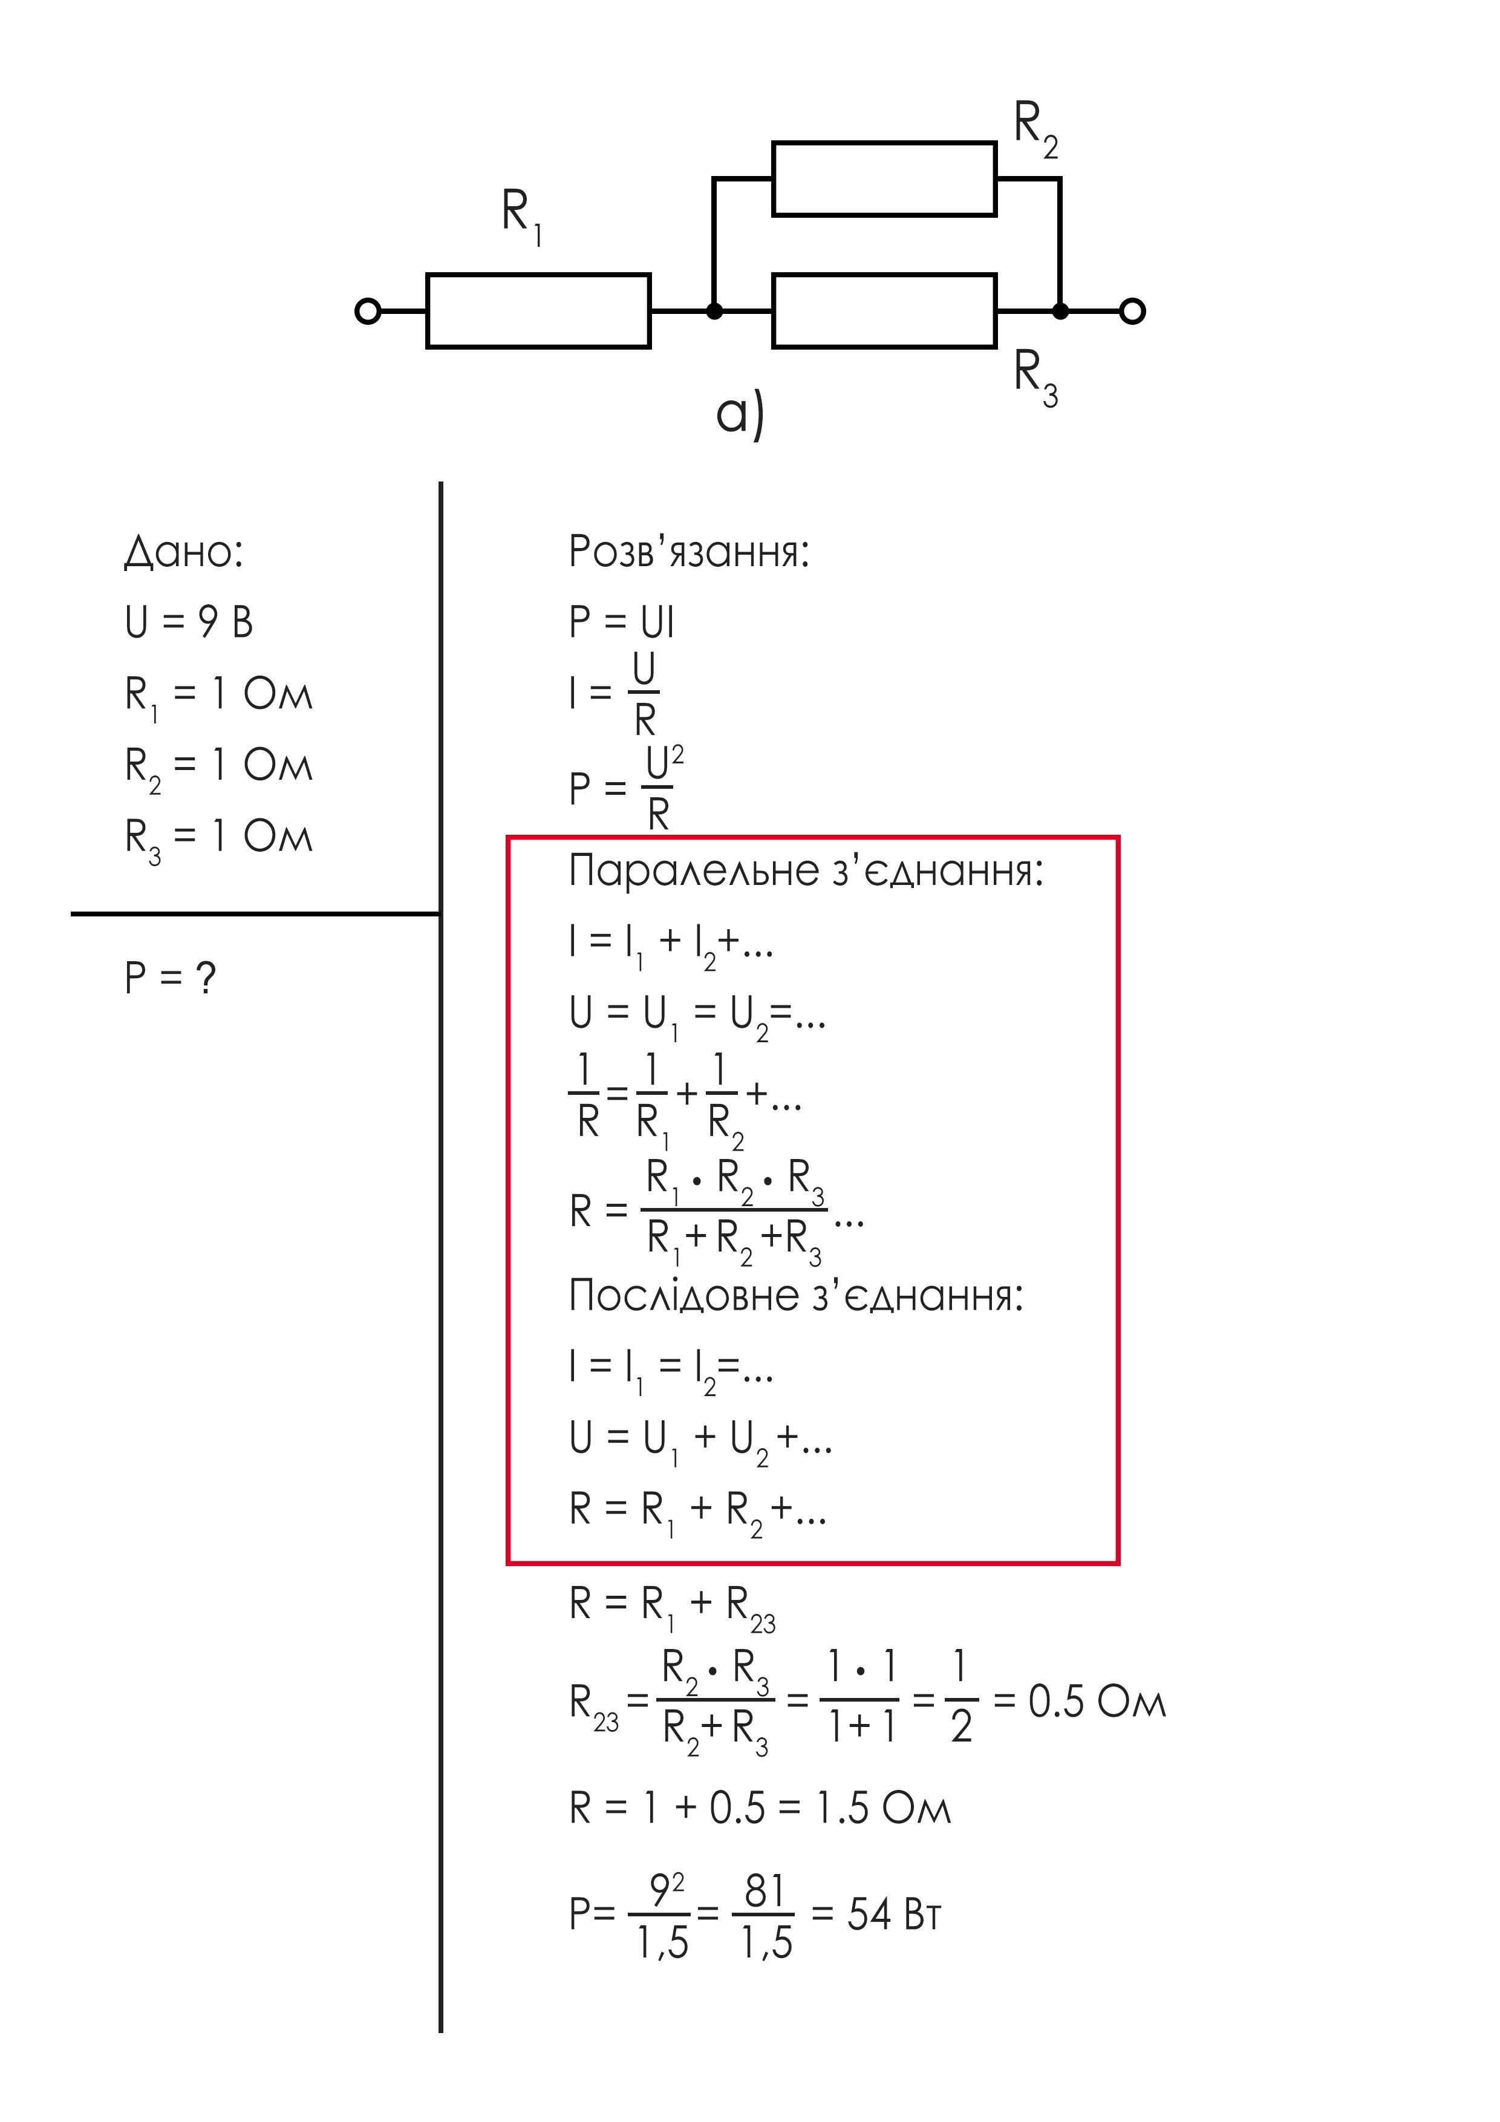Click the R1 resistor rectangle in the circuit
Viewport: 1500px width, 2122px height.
click(538, 310)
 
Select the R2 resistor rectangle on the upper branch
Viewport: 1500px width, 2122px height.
click(884, 178)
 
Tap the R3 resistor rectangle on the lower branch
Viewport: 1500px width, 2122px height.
click(884, 310)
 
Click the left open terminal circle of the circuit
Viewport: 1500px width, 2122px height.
click(368, 312)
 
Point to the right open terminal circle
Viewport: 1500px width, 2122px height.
click(1132, 312)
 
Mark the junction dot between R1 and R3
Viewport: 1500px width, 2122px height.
click(714, 312)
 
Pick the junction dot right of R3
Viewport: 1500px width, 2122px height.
click(1060, 312)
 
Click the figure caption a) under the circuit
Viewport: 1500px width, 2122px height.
click(740, 415)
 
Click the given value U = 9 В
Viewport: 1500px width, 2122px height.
click(189, 621)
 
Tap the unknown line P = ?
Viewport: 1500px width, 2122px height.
click(170, 977)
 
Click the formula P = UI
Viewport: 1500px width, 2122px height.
click(621, 621)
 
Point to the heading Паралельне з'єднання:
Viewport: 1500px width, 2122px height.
click(806, 870)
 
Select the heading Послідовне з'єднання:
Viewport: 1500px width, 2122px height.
click(796, 1296)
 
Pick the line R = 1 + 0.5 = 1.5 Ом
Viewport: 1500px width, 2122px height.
click(760, 1808)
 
